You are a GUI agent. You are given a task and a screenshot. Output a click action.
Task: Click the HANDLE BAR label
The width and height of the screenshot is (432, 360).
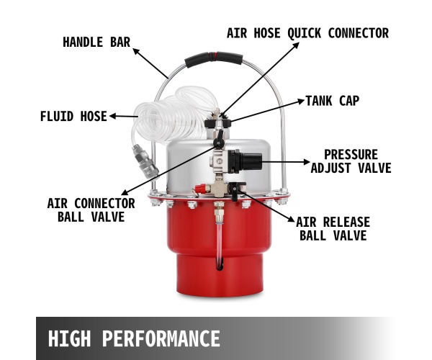[x=96, y=42]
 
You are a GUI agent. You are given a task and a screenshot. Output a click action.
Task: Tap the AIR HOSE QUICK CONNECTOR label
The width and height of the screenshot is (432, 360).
[x=307, y=33]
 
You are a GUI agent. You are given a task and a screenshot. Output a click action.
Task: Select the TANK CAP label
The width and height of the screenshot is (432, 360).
[x=333, y=101]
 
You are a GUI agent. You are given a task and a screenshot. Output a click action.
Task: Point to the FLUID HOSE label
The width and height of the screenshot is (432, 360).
[x=73, y=116]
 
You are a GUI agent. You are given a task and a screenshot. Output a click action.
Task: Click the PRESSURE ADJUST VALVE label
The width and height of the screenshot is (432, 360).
[x=351, y=161]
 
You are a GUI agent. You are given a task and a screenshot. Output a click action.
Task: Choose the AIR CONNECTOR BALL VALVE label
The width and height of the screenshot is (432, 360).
[x=91, y=210]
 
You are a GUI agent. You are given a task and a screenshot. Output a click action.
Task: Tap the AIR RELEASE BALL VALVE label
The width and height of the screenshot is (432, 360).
[x=333, y=229]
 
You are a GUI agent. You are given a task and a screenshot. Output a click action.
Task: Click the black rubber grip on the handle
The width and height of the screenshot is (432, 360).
[x=214, y=59]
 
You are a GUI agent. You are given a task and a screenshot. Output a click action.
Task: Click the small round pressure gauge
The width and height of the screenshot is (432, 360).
[x=220, y=161]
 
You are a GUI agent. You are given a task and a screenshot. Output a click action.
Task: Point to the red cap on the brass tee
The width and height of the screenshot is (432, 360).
[x=200, y=189]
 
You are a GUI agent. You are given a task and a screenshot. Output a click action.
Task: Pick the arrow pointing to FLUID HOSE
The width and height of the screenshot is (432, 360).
[x=124, y=116]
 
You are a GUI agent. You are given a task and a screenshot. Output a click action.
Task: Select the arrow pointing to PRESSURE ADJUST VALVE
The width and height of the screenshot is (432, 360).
[x=285, y=162]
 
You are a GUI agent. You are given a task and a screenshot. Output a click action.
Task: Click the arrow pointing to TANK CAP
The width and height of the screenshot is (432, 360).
[x=267, y=111]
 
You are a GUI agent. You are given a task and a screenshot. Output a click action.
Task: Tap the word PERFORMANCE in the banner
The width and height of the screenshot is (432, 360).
[x=161, y=338]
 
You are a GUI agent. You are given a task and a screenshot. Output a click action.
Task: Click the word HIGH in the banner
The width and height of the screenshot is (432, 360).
[x=69, y=338]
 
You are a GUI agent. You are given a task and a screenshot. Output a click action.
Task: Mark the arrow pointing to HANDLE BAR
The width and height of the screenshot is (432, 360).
[x=150, y=63]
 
